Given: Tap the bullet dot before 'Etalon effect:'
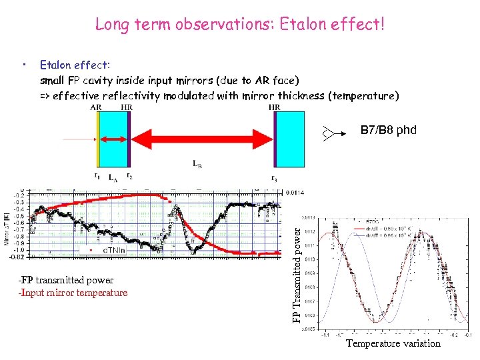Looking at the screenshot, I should coord(24,65).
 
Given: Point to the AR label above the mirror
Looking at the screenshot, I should coord(96,107).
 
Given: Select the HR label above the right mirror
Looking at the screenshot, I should coord(274,107).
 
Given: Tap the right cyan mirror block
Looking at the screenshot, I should coord(291,140).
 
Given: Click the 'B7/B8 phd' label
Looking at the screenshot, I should coord(388,130).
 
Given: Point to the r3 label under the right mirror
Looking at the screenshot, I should coord(274,177).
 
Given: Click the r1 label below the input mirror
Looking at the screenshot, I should coord(98,177).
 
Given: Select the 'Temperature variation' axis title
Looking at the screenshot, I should coord(393,343).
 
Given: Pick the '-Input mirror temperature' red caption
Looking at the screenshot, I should coord(73,293).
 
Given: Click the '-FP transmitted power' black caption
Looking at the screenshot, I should coord(66,281).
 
